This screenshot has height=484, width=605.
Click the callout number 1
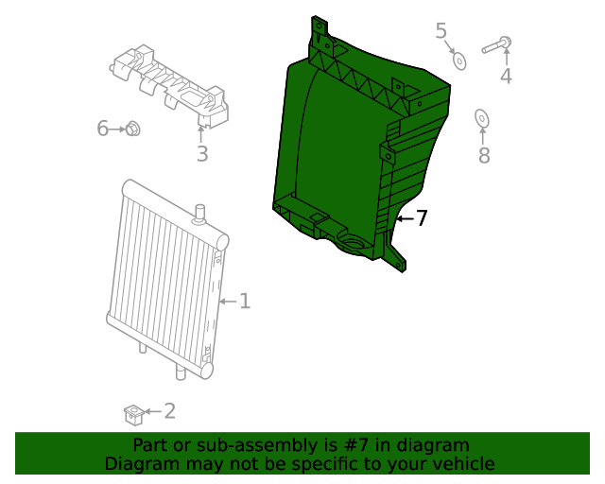[x=244, y=301]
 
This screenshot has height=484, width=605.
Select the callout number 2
[x=169, y=410]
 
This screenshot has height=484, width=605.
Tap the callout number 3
[x=201, y=154]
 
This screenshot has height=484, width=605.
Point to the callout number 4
[x=506, y=76]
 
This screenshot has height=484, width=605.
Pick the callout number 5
[x=441, y=31]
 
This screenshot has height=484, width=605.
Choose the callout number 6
[x=103, y=129]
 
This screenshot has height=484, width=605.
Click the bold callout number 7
[x=422, y=218]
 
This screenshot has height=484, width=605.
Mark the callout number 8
[x=484, y=155]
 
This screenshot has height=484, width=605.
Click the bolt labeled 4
[x=497, y=44]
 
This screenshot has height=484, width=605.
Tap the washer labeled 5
[x=459, y=60]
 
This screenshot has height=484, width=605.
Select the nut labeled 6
[x=133, y=129]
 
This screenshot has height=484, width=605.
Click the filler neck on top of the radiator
[x=199, y=213]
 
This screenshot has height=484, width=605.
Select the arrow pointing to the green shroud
[x=404, y=218]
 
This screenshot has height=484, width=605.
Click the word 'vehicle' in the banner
[x=461, y=464]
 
